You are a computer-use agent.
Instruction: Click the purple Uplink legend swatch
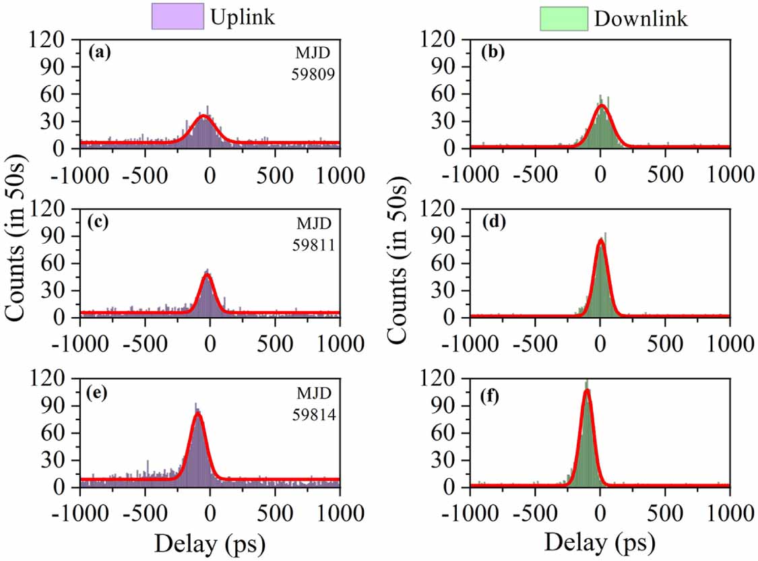click(x=177, y=17)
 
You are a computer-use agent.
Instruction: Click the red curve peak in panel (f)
click(x=587, y=390)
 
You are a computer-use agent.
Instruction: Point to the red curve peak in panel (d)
click(x=600, y=240)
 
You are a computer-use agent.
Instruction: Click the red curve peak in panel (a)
click(x=204, y=116)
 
